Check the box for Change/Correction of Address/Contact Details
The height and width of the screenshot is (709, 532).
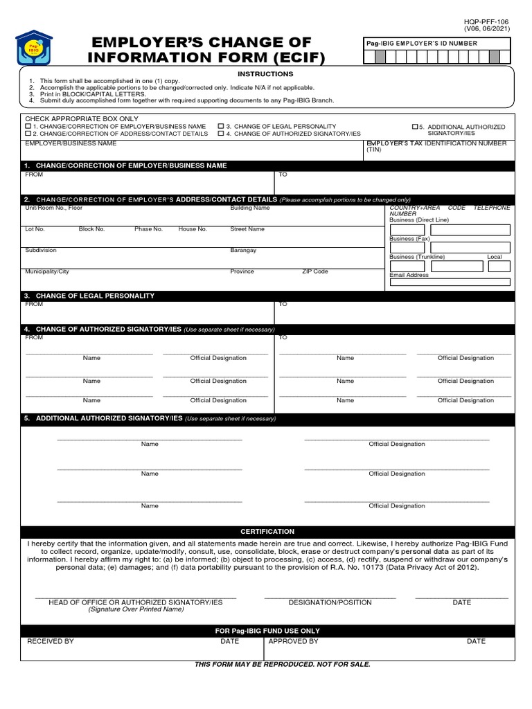click(28, 134)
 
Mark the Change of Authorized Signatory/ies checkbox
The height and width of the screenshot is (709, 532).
click(221, 134)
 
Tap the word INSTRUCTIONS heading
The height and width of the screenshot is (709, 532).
click(265, 74)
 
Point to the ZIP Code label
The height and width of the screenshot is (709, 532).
click(315, 272)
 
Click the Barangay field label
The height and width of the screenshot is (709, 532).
click(243, 251)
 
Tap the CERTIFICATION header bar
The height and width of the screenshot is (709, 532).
click(267, 532)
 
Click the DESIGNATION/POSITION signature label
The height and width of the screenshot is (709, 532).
click(330, 603)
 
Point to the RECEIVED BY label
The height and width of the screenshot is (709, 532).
click(50, 642)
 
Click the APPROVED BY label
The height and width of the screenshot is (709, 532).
click(293, 642)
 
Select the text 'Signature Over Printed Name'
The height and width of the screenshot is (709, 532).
click(136, 610)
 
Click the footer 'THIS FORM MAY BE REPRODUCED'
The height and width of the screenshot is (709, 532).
click(282, 665)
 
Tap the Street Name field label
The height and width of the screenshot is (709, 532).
click(247, 229)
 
